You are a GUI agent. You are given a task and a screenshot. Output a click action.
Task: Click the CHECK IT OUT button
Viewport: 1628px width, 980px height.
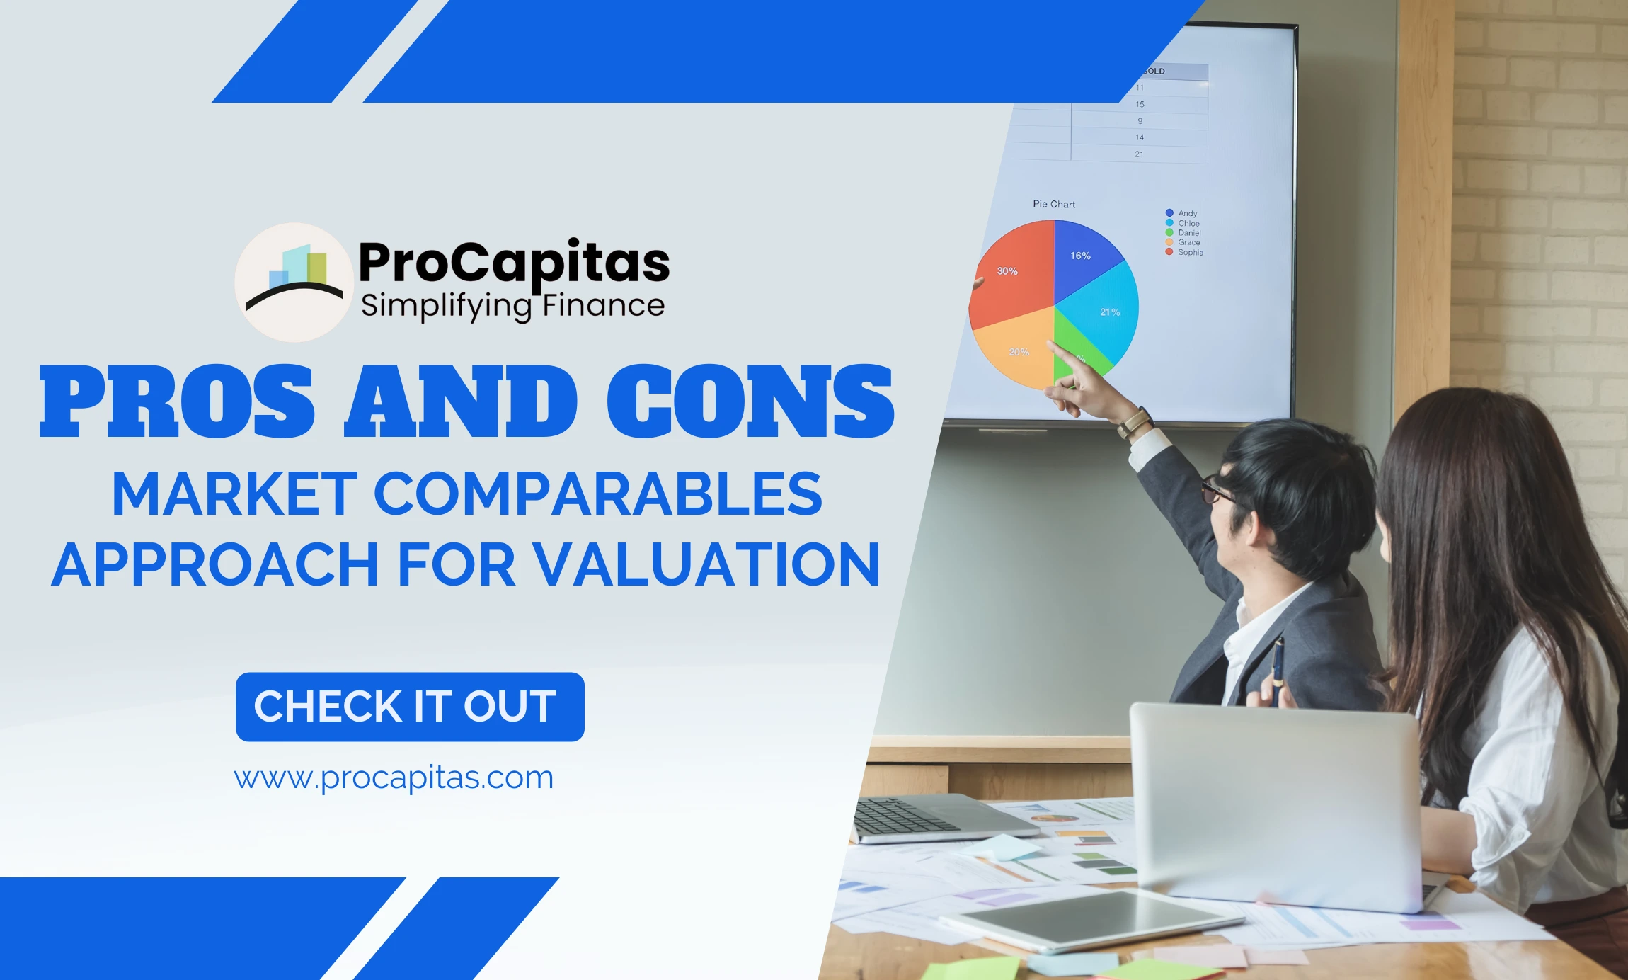(410, 707)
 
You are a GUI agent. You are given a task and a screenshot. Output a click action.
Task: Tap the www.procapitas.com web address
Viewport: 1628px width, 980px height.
(394, 777)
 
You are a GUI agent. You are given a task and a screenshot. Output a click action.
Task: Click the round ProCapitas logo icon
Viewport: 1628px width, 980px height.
(294, 283)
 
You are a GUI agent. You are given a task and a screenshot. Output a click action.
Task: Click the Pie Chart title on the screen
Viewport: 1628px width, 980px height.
(1053, 204)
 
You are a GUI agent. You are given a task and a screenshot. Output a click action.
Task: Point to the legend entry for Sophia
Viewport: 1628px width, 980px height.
(1189, 252)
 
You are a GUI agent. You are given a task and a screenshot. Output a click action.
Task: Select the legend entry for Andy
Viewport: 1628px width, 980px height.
(1186, 213)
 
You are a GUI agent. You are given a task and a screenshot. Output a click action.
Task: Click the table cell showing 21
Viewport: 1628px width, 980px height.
(1139, 154)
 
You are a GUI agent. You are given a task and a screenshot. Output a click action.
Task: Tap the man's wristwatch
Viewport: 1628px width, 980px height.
(1134, 423)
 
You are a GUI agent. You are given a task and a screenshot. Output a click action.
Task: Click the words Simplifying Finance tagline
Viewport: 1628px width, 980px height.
(512, 306)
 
